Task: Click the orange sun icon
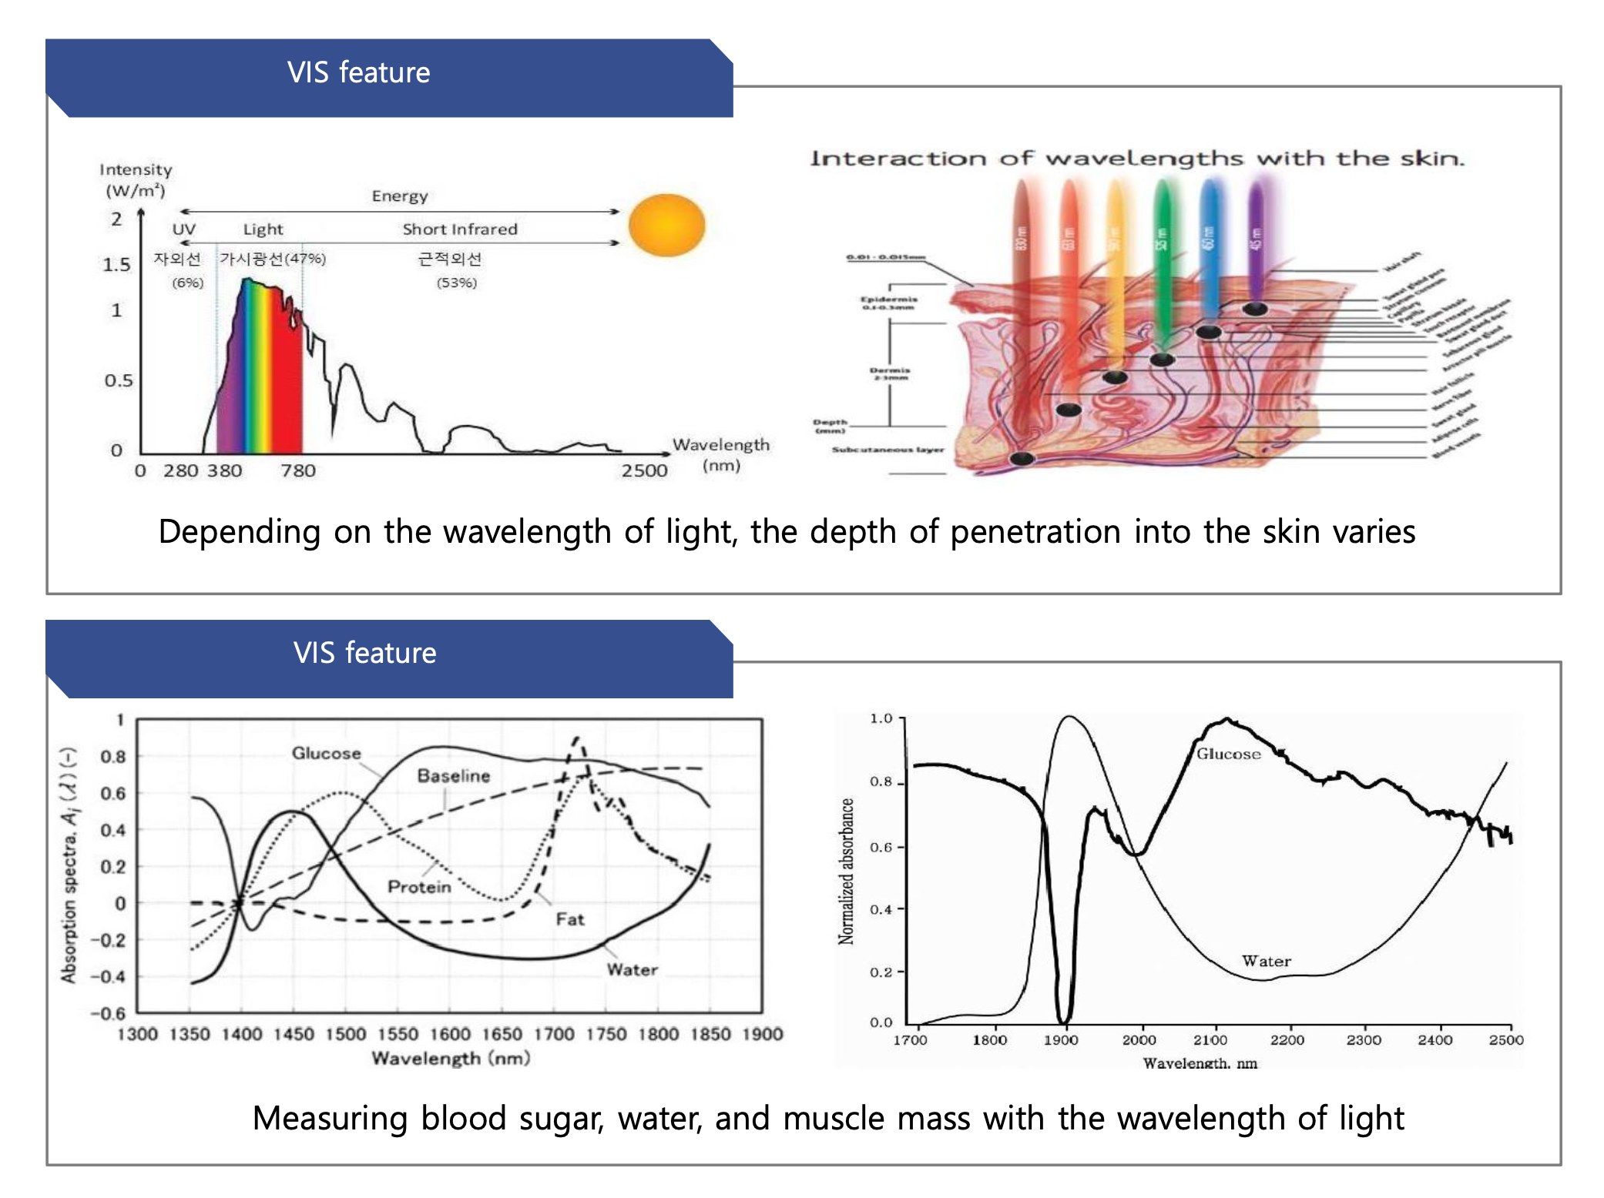(666, 225)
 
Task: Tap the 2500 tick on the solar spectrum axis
(644, 470)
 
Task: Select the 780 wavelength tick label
(298, 470)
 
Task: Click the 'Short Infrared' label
(460, 229)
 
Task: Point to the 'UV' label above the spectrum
(183, 229)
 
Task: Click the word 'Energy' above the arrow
(399, 196)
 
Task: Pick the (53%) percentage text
(457, 283)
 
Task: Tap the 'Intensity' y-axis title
(136, 169)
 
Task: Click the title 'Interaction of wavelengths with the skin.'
(1136, 159)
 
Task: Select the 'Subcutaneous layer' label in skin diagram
(888, 450)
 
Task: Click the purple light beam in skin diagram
(1256, 239)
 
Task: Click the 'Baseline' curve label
(453, 775)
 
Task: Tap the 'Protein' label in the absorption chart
(419, 886)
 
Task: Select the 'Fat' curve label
(570, 919)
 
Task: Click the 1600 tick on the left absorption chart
(450, 1034)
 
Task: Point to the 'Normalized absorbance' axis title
(846, 871)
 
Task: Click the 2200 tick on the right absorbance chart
(1287, 1040)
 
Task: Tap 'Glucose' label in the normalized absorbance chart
(1228, 754)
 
